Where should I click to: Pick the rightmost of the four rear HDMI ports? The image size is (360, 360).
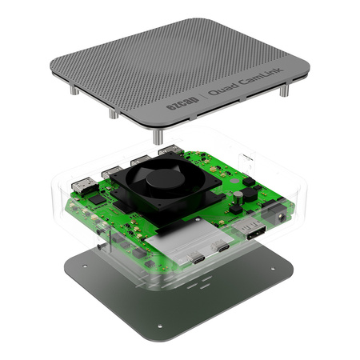click(169, 150)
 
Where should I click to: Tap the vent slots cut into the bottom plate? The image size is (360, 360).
click(204, 282)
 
